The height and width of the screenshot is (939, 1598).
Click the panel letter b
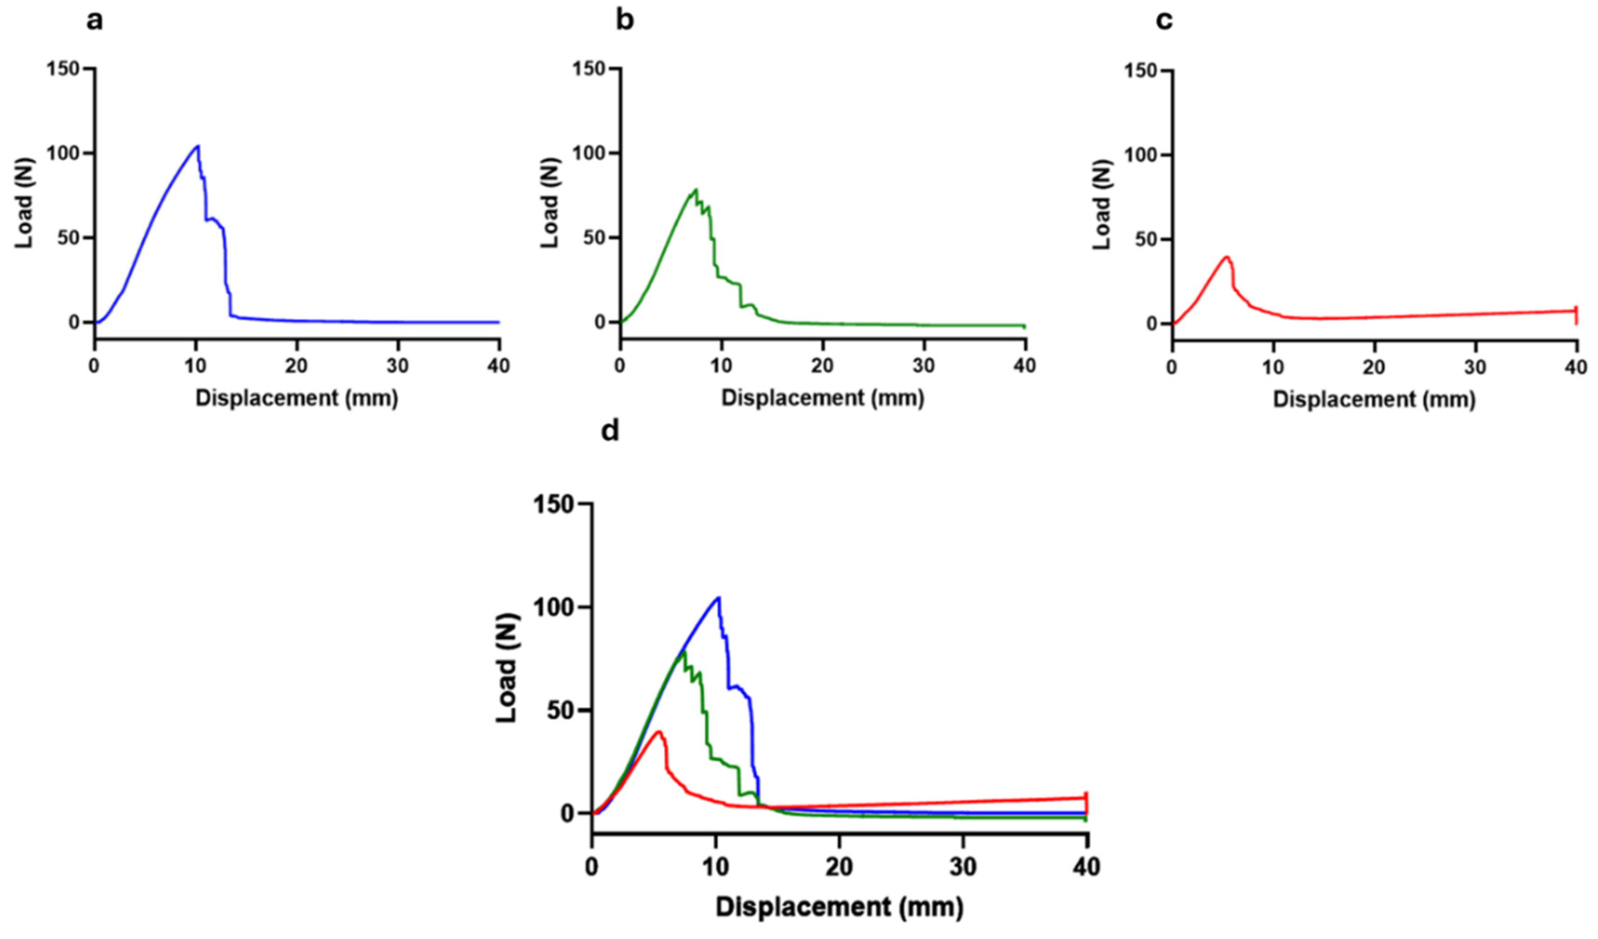tap(625, 21)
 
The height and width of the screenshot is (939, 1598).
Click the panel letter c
tap(1164, 21)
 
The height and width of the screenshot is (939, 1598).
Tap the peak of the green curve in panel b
tap(696, 189)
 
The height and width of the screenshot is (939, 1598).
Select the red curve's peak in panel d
tap(660, 732)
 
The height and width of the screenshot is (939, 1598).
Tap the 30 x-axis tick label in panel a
tap(398, 366)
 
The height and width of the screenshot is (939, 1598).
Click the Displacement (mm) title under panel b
tap(823, 398)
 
